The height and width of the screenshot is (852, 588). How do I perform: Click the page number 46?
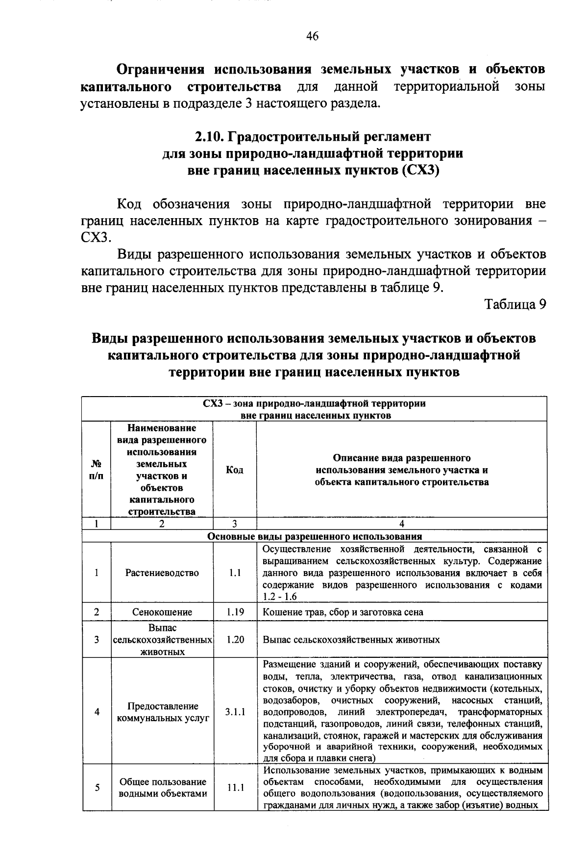(312, 36)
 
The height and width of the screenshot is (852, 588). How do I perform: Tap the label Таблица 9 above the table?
(515, 304)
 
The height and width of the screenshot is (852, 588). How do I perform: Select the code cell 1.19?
(235, 612)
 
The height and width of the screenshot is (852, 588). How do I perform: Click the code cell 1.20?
(235, 640)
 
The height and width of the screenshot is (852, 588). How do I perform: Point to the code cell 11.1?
(235, 788)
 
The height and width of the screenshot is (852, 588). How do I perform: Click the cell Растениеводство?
(162, 573)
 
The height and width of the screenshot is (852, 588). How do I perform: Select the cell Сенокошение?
(162, 612)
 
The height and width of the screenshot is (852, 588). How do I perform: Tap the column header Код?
(235, 470)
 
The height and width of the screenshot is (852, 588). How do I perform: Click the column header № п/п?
(97, 470)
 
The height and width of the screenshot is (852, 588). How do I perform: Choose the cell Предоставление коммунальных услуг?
(162, 712)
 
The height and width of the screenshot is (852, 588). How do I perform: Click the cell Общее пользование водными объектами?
(162, 788)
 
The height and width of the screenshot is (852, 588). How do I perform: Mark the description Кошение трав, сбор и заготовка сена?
(343, 612)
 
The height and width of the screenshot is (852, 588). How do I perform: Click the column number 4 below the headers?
(402, 524)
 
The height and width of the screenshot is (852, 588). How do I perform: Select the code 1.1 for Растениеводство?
(235, 573)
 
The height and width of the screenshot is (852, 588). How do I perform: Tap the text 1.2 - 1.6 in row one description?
(280, 597)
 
